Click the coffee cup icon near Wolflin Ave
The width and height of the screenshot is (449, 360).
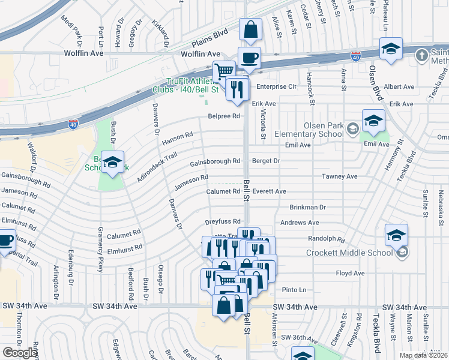coord(249,58)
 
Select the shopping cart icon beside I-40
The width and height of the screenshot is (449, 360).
coord(224,71)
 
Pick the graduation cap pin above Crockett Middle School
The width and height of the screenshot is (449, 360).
coord(396,235)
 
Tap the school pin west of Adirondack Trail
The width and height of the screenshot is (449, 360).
coord(112,162)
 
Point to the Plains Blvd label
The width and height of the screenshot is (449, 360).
coord(210,40)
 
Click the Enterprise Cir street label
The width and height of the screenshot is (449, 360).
coord(277,86)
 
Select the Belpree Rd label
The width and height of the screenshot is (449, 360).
coord(224,116)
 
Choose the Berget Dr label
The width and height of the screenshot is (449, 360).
coord(266,161)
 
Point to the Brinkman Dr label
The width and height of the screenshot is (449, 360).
coord(307,207)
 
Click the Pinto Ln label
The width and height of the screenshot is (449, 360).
coord(294,290)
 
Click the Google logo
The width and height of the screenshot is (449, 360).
coord(20,353)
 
